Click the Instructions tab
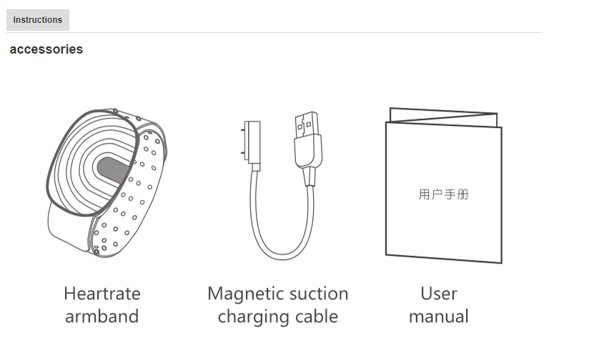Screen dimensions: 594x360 (x=38, y=20)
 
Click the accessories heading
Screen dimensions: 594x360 (x=46, y=49)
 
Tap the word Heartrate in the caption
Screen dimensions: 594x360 (x=102, y=294)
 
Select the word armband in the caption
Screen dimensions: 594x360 (x=102, y=316)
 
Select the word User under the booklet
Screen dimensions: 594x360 (x=439, y=294)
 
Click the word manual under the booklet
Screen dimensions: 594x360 (x=439, y=316)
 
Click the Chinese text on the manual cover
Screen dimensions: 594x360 (x=443, y=194)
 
